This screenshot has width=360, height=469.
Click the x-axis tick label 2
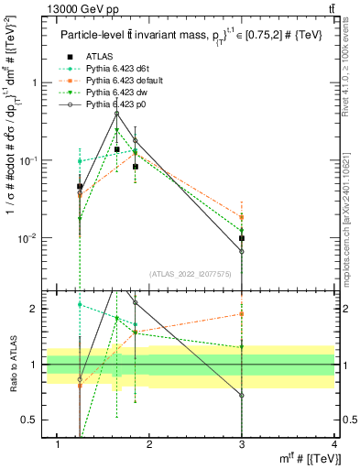tap(150, 444)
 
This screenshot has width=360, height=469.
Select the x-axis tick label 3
tap(242, 444)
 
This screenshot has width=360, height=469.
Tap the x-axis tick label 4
tap(334, 444)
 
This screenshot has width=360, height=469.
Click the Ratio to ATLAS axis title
tap(12, 365)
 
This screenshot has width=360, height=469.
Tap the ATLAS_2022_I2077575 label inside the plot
tap(190, 274)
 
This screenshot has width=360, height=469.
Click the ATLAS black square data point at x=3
tap(242, 238)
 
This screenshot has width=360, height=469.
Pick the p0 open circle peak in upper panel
tap(116, 114)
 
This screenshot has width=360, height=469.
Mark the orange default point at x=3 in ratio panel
tap(242, 313)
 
